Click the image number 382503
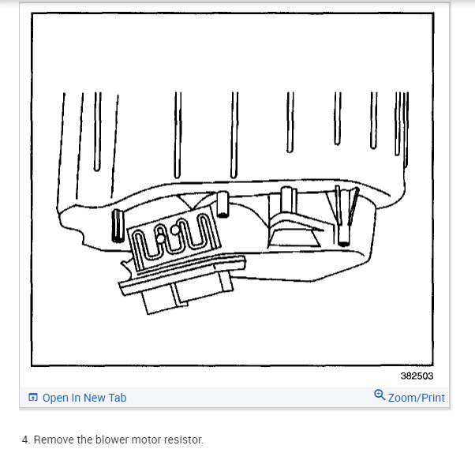[416, 376]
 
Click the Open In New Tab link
[84, 398]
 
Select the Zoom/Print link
[416, 398]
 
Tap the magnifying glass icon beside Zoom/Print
[380, 395]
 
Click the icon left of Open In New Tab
[33, 398]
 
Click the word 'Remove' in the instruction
[51, 439]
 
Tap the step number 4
[25, 439]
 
